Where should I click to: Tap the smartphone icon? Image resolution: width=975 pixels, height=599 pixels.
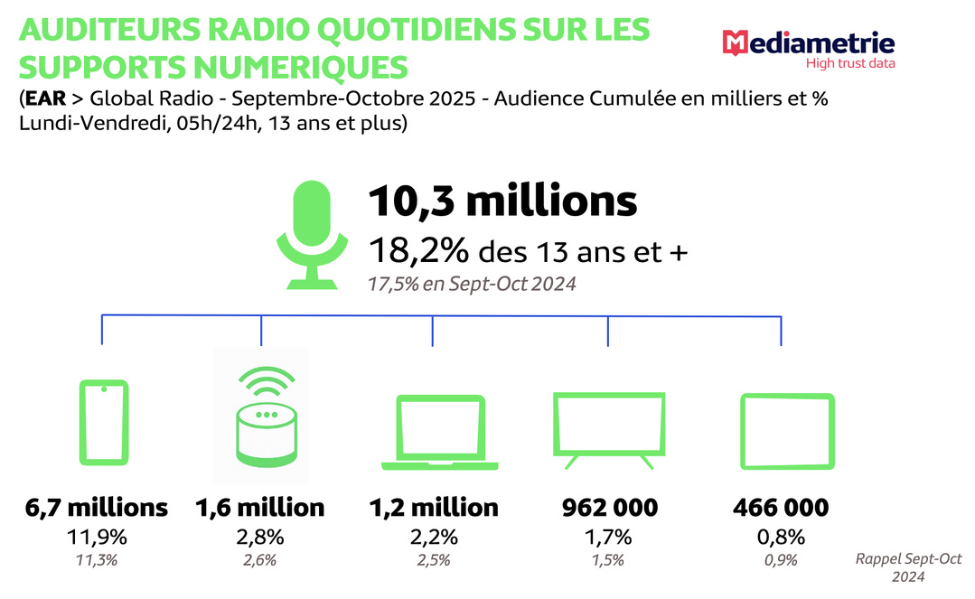coord(104,425)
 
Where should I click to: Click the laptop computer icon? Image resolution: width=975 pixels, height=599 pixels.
coord(440,432)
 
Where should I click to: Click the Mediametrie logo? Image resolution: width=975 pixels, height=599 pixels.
coord(809,44)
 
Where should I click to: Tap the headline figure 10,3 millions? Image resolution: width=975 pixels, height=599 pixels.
coord(502,201)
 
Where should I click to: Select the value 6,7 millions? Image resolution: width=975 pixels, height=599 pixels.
coord(97,508)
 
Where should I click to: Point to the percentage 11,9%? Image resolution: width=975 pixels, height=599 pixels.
coord(97,537)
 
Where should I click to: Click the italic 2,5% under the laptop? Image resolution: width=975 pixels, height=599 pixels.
coord(433,560)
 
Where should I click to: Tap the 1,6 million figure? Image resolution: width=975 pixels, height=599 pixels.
coord(260,508)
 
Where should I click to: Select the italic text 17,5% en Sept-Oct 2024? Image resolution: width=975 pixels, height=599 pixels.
coord(472,284)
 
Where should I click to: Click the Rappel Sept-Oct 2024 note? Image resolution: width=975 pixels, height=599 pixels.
coord(908,567)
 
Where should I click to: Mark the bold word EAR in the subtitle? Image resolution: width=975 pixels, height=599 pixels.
coord(46,98)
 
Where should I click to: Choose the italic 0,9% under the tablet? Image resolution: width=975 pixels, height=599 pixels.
coord(780,560)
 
